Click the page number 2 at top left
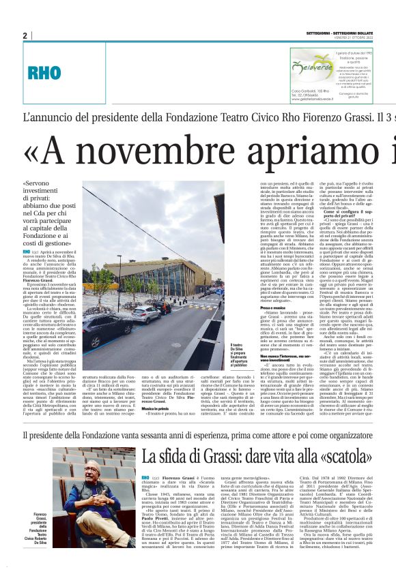pyautogui.click(x=25, y=35)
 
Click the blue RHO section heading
pyautogui.click(x=44, y=72)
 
